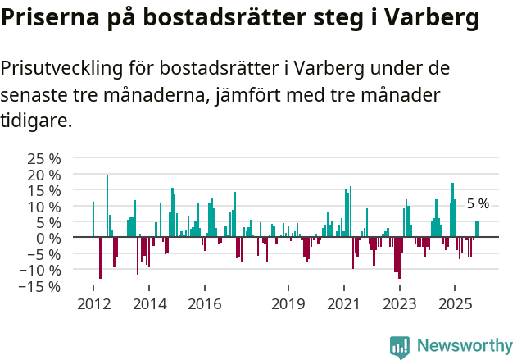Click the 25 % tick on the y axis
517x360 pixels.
[x=43, y=158]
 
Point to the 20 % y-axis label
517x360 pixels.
[x=43, y=175]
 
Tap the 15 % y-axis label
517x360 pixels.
[x=43, y=190]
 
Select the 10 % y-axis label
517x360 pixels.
[x=43, y=207]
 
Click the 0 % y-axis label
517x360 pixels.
[x=48, y=238]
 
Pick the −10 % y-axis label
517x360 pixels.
[x=40, y=270]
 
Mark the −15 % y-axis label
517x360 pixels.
[x=40, y=286]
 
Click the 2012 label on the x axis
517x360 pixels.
[x=93, y=304]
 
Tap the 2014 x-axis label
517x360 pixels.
[x=148, y=304]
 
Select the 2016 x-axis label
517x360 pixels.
[x=204, y=304]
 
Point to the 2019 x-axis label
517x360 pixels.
[x=288, y=304]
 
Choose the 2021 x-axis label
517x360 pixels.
[x=343, y=304]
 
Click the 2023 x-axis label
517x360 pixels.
[x=399, y=304]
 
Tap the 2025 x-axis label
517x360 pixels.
[x=454, y=304]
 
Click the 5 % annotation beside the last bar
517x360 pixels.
[x=478, y=204]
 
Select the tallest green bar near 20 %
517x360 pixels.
[x=107, y=205]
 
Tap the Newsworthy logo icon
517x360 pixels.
[x=400, y=347]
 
